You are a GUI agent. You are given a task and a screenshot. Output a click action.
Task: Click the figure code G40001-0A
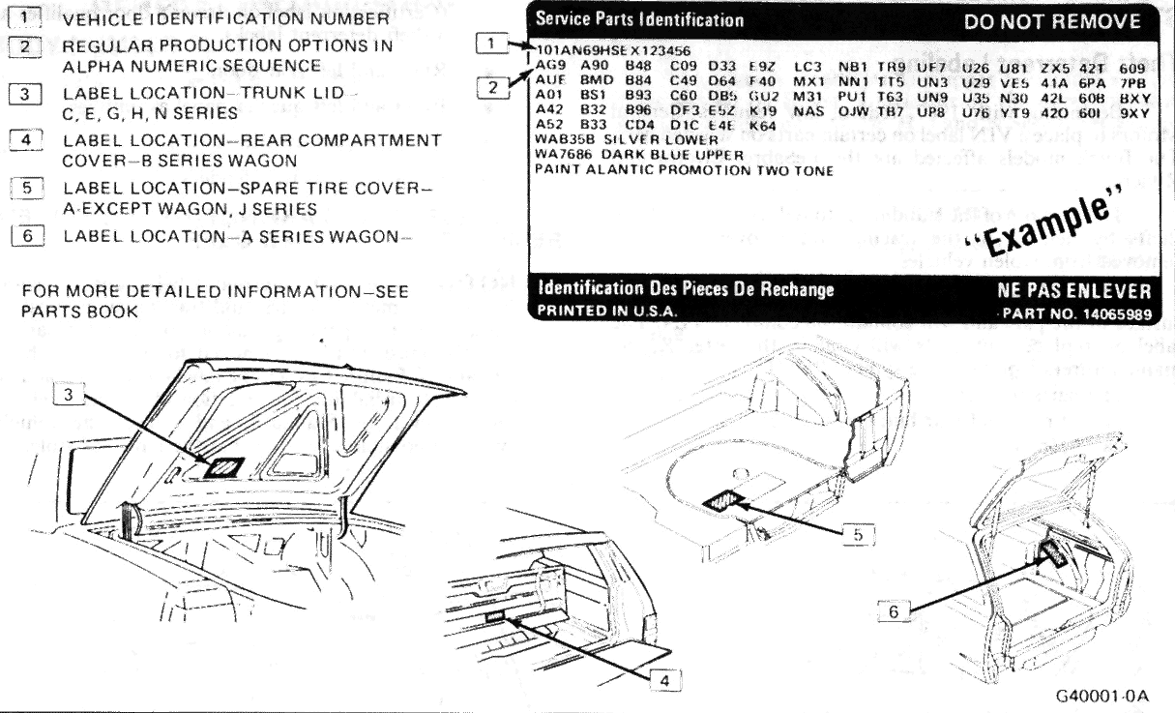(1102, 695)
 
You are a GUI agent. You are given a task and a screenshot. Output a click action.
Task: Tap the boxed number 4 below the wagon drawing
(661, 680)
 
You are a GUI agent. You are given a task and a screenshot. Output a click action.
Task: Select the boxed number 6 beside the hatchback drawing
(897, 610)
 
